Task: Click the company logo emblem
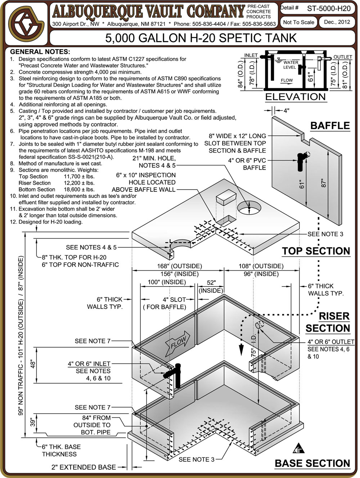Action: pyautogui.click(x=24, y=24)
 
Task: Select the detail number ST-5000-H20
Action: pyautogui.click(x=328, y=8)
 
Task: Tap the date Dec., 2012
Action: pyautogui.click(x=337, y=22)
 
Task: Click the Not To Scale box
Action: pyautogui.click(x=298, y=22)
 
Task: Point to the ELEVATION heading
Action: pyautogui.click(x=295, y=97)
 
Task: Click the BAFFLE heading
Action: pyautogui.click(x=330, y=126)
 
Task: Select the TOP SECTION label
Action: pyautogui.click(x=316, y=251)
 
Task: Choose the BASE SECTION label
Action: pyautogui.click(x=312, y=463)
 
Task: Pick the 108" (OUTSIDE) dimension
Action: pyautogui.click(x=261, y=266)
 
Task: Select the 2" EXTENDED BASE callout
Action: pyautogui.click(x=84, y=467)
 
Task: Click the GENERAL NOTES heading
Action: pyautogui.click(x=40, y=52)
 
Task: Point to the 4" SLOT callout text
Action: pyautogui.click(x=174, y=299)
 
